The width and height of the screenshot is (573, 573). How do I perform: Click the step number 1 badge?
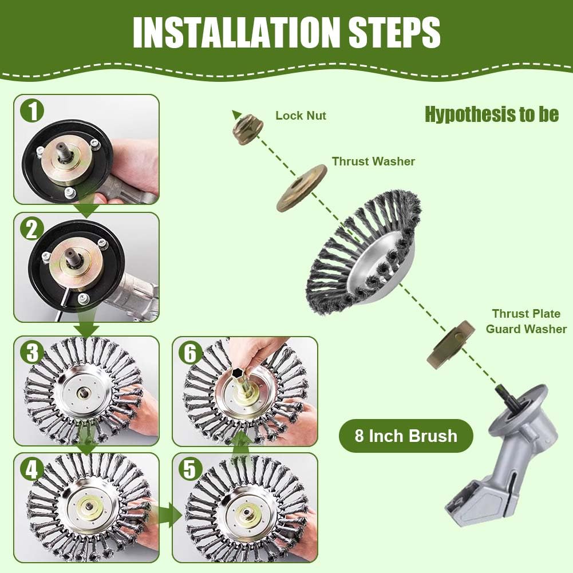point(32,111)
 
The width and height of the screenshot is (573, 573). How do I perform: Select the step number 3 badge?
point(32,352)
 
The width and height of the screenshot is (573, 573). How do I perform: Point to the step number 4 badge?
point(32,469)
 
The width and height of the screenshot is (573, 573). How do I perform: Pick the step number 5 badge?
point(189,469)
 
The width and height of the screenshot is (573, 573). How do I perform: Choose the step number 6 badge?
point(189,353)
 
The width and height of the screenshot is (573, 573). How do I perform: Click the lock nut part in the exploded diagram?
point(248,129)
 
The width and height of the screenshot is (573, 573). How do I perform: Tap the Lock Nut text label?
point(301,116)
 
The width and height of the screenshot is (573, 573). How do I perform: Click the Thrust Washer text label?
point(373,161)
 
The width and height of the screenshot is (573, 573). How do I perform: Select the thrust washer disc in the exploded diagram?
point(302,188)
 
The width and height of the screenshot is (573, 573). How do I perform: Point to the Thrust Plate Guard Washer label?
point(526,321)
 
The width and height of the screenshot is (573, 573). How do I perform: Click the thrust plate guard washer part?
point(451,344)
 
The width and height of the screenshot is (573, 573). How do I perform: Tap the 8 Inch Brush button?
point(406,436)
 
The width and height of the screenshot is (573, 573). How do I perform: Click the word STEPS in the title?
point(394,32)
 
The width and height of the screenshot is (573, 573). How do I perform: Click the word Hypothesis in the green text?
point(469,114)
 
